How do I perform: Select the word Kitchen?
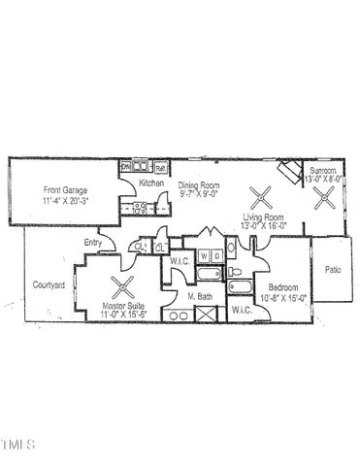pos(150,183)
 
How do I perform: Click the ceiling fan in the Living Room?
pos(257,199)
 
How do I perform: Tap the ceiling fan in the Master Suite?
pos(123,286)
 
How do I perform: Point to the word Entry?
pos(93,242)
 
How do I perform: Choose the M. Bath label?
pos(200,295)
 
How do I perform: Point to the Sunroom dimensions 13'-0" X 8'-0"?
pos(323,180)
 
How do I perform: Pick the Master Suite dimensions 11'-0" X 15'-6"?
pos(123,314)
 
